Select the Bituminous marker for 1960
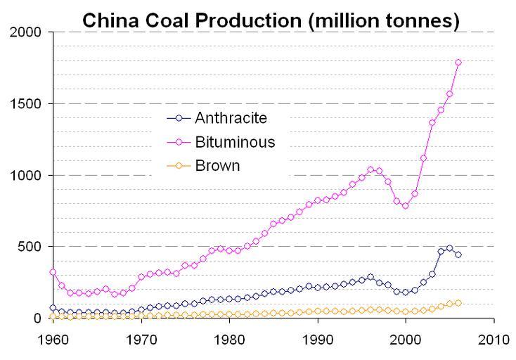53,271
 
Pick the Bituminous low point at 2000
406,205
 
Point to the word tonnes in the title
419,21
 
